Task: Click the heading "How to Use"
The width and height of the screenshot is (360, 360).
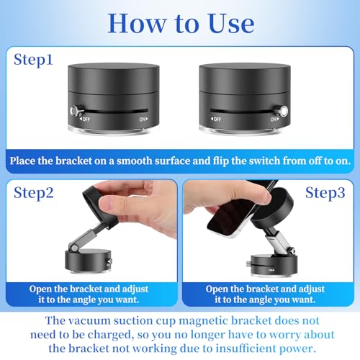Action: (181, 24)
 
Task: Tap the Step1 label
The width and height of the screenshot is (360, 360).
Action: (33, 60)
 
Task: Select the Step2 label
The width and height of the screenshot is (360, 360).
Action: (34, 193)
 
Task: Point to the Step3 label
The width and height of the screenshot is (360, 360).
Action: (325, 193)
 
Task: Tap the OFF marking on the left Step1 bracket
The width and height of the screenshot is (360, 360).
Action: (85, 119)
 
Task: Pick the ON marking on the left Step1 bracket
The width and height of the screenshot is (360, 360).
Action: (143, 119)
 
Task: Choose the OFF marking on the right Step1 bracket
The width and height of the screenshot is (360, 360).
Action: (216, 119)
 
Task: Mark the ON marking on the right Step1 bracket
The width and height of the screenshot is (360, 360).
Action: (274, 119)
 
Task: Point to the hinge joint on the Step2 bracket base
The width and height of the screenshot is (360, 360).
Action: (73, 247)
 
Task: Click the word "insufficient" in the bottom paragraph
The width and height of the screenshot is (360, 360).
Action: (246, 348)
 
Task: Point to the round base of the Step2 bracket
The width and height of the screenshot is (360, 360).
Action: (89, 261)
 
